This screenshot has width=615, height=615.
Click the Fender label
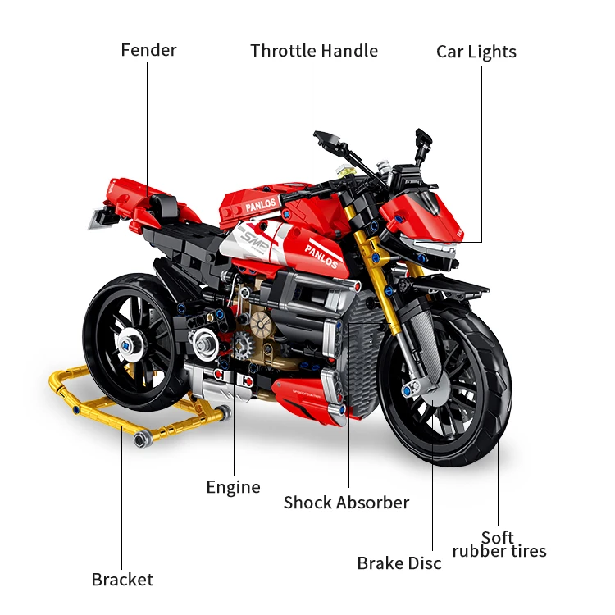(148, 50)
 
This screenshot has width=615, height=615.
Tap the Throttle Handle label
(314, 51)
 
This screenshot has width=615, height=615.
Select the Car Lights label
(476, 52)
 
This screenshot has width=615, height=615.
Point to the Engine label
(233, 487)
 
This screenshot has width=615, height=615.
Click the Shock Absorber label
(346, 502)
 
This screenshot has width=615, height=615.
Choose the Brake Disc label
(399, 563)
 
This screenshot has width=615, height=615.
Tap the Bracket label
(122, 580)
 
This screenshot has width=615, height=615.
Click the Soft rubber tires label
(499, 544)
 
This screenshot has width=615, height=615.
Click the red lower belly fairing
(312, 392)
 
